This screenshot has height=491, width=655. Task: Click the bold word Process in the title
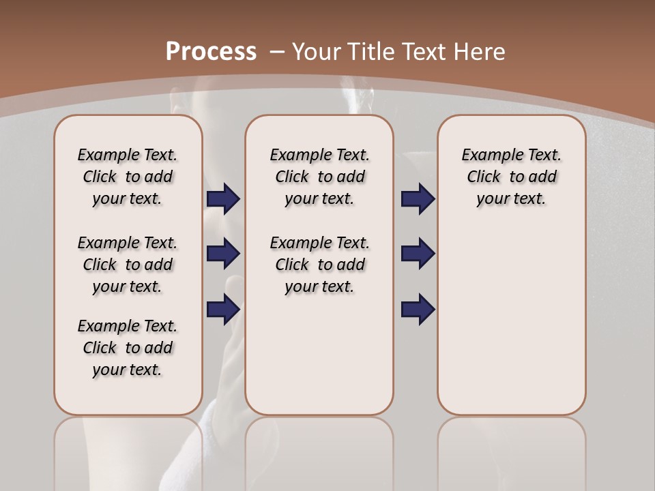pos(211,52)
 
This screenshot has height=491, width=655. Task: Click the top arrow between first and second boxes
pos(223,199)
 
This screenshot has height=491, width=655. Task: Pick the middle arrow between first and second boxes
pos(223,254)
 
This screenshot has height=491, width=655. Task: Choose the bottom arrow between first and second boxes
pos(223,309)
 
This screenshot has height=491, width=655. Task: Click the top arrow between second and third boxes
pos(418,199)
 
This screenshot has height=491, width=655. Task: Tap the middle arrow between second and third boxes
pos(418,254)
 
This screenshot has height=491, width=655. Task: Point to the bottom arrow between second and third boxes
pos(418,309)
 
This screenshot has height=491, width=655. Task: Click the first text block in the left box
pos(128,177)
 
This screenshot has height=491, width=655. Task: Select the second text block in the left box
pos(128,265)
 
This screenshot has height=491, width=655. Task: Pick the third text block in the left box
pos(128,348)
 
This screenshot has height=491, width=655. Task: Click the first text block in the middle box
pos(319,177)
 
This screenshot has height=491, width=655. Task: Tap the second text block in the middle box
pos(319,265)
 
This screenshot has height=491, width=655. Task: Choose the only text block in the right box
pos(511,177)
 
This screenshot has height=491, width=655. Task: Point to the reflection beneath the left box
pos(128,450)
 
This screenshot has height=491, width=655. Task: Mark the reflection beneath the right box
pos(511,450)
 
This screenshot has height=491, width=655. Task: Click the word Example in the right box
pos(486,155)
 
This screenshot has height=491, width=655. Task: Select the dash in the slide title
pos(277,52)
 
